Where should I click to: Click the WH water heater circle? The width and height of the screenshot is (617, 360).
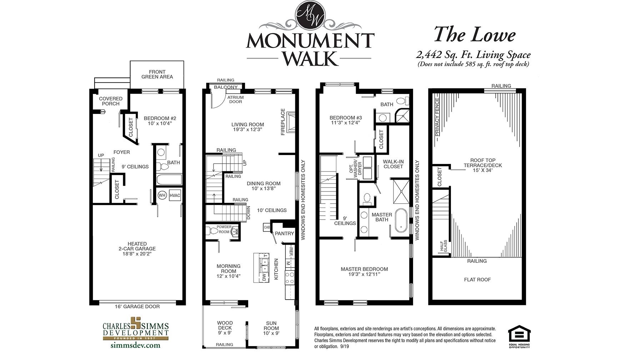tap(162, 195)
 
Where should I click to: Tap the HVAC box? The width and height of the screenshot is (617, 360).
tap(175, 195)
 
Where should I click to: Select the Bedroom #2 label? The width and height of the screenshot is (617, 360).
tap(160, 121)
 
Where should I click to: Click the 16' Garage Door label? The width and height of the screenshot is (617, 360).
tap(137, 306)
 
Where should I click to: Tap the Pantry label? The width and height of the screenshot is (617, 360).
tap(285, 234)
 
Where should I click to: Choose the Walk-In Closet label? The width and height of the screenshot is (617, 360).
tap(393, 164)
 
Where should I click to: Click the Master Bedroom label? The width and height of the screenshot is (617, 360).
tap(364, 272)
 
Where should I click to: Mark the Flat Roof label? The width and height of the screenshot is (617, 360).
tap(477, 280)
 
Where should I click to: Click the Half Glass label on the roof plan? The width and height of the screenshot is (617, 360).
tap(443, 246)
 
